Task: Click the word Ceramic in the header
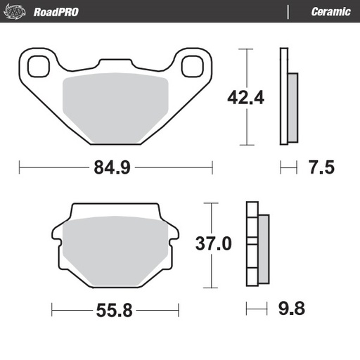(330, 11)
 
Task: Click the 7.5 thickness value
(320, 168)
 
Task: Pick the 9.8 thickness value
(292, 309)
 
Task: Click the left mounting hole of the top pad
(38, 66)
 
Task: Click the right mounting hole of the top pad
(191, 66)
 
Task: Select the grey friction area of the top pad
(115, 105)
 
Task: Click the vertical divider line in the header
(289, 11)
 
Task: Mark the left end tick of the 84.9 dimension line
(20, 168)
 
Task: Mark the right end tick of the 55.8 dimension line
(178, 309)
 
